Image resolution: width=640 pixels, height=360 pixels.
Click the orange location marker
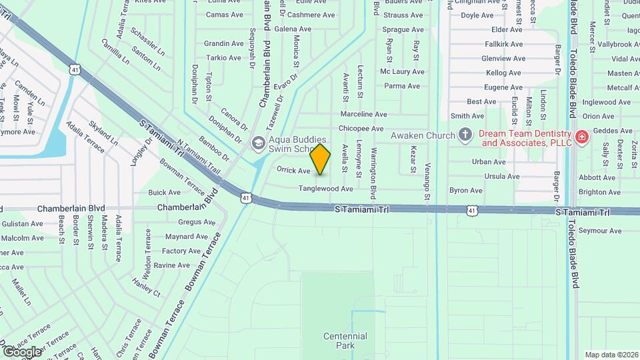pyautogui.click(x=321, y=159)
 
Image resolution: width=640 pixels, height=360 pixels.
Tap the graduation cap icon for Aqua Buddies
pyautogui.click(x=257, y=142)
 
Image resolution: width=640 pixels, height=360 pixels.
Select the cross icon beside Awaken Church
pyautogui.click(x=466, y=135)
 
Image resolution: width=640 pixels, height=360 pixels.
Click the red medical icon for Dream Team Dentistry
pyautogui.click(x=582, y=137)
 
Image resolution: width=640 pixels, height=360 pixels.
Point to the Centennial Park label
pyautogui.click(x=345, y=341)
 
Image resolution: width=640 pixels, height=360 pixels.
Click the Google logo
pyautogui.click(x=22, y=351)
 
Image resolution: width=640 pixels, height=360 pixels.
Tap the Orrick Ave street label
pyautogui.click(x=293, y=171)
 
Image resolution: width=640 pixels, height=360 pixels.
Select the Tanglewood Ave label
pyautogui.click(x=325, y=189)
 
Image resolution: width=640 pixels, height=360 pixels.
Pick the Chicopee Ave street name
pyautogui.click(x=361, y=128)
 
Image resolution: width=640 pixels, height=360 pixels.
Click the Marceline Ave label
pyautogui.click(x=363, y=114)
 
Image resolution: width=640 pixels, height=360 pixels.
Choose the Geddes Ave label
pyautogui.click(x=613, y=131)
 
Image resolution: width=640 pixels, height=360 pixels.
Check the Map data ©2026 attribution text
pyautogui.click(x=611, y=355)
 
